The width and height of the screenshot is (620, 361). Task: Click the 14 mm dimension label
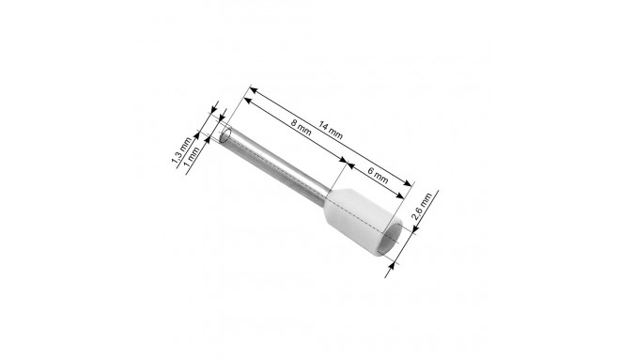(331, 131)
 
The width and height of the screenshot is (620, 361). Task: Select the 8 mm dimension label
(301, 127)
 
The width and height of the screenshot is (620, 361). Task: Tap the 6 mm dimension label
(378, 176)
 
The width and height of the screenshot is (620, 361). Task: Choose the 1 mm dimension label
(193, 155)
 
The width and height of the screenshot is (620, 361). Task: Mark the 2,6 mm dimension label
(422, 206)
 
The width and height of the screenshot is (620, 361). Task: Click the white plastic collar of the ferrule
(362, 223)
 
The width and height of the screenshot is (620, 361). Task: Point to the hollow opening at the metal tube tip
(225, 134)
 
